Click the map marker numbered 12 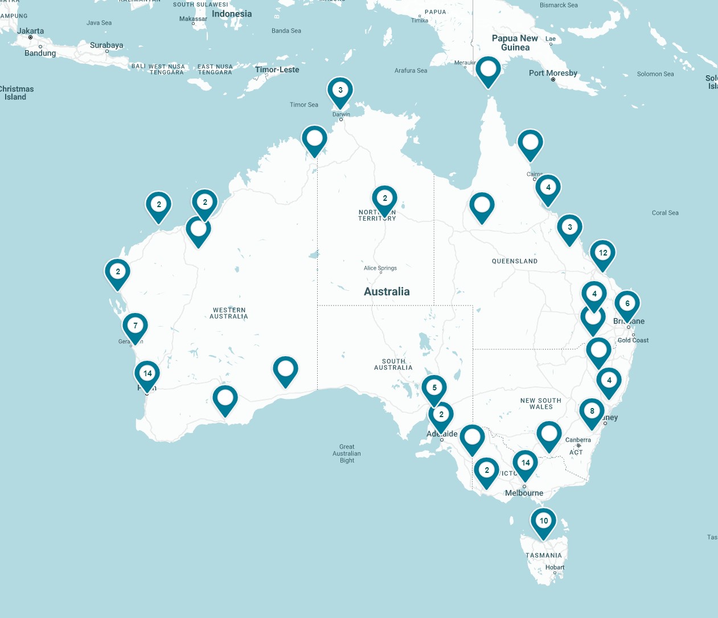pos(602,253)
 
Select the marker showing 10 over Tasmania pos(544,521)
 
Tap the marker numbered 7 pos(135,326)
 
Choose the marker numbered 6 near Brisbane pos(627,304)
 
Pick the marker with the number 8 pos(592,411)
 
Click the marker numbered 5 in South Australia pos(434,388)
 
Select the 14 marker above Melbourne pos(525,463)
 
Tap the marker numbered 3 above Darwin pos(340,90)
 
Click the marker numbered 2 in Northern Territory pos(384,199)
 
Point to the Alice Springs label pos(380,268)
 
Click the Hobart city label pos(555,567)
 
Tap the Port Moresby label pos(553,73)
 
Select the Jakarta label pos(30,31)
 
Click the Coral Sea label pos(665,213)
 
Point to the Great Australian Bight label pos(347,454)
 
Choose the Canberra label pos(578,440)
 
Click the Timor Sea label pos(304,105)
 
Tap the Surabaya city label pos(106,45)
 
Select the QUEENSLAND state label pos(515,261)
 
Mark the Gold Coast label pos(633,340)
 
